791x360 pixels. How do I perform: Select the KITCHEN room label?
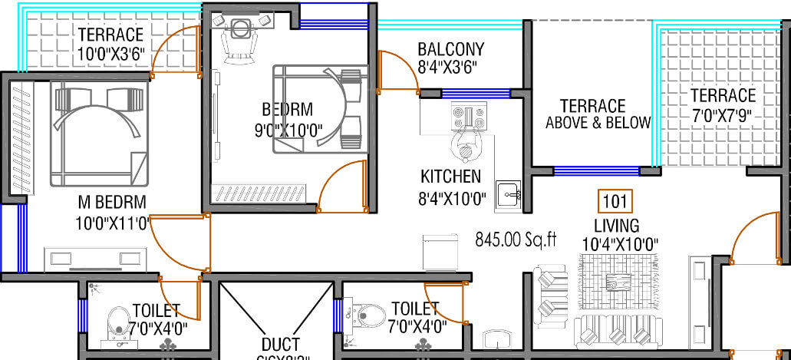click(x=451, y=177)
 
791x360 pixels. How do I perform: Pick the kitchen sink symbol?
click(x=507, y=195)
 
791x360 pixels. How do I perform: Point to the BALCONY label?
click(x=450, y=50)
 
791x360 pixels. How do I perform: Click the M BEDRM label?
click(x=112, y=202)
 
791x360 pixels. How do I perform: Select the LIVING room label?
click(x=616, y=226)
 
